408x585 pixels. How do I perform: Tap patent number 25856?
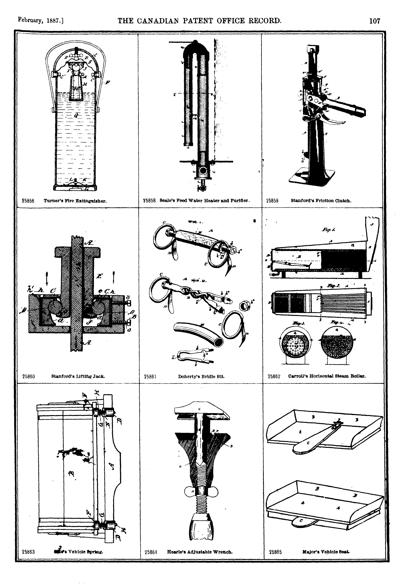pyautogui.click(x=28, y=201)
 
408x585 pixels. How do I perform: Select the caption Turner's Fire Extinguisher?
pyautogui.click(x=75, y=201)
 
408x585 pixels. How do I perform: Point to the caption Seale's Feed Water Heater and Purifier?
pyautogui.click(x=205, y=201)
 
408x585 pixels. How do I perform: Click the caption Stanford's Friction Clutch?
pyautogui.click(x=321, y=201)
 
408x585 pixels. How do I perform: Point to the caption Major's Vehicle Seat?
pyautogui.click(x=326, y=552)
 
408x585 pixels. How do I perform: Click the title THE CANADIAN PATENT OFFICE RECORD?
pyautogui.click(x=200, y=20)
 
